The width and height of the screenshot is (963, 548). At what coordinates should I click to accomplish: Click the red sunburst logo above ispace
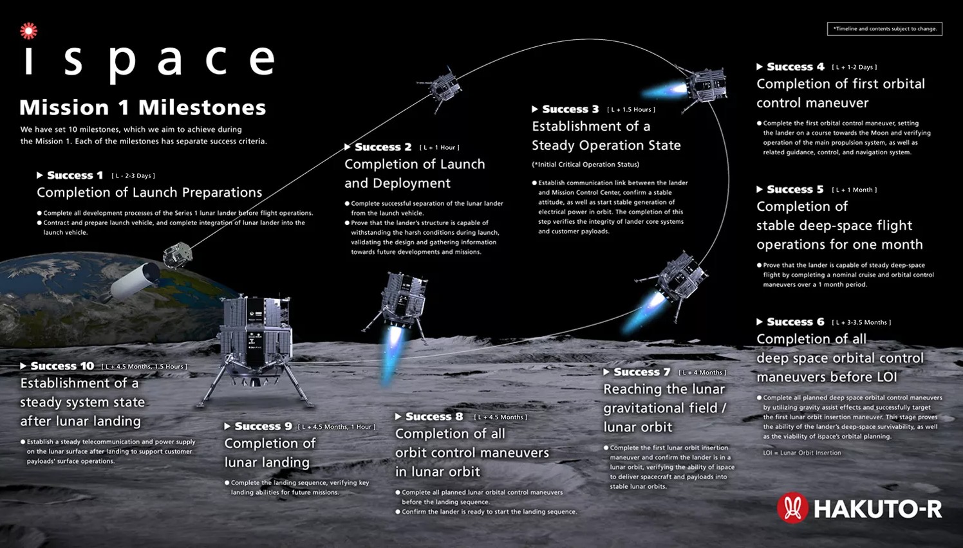pyautogui.click(x=28, y=31)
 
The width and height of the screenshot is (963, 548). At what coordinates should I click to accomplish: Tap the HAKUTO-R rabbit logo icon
pyautogui.click(x=792, y=507)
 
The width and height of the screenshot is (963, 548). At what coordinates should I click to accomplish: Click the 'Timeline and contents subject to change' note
pyautogui.click(x=884, y=29)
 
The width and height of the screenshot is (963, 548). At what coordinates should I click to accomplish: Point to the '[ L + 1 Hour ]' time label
pyautogui.click(x=440, y=147)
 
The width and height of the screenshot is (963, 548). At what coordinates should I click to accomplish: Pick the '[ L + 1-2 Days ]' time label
pyautogui.click(x=854, y=67)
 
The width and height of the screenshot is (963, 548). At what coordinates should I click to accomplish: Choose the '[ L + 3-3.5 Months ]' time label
pyautogui.click(x=861, y=322)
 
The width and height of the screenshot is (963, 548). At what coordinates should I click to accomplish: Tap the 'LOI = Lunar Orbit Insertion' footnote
pyautogui.click(x=802, y=453)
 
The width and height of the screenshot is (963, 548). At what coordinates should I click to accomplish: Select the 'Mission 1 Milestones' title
pyautogui.click(x=143, y=107)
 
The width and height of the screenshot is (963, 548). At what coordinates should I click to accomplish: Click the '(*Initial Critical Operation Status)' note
pyautogui.click(x=586, y=165)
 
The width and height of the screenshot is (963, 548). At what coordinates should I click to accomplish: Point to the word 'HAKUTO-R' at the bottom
pyautogui.click(x=878, y=509)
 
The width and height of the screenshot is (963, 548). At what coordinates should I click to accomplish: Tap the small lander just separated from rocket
pyautogui.click(x=177, y=255)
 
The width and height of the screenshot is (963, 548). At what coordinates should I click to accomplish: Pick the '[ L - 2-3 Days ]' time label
pyautogui.click(x=133, y=176)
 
